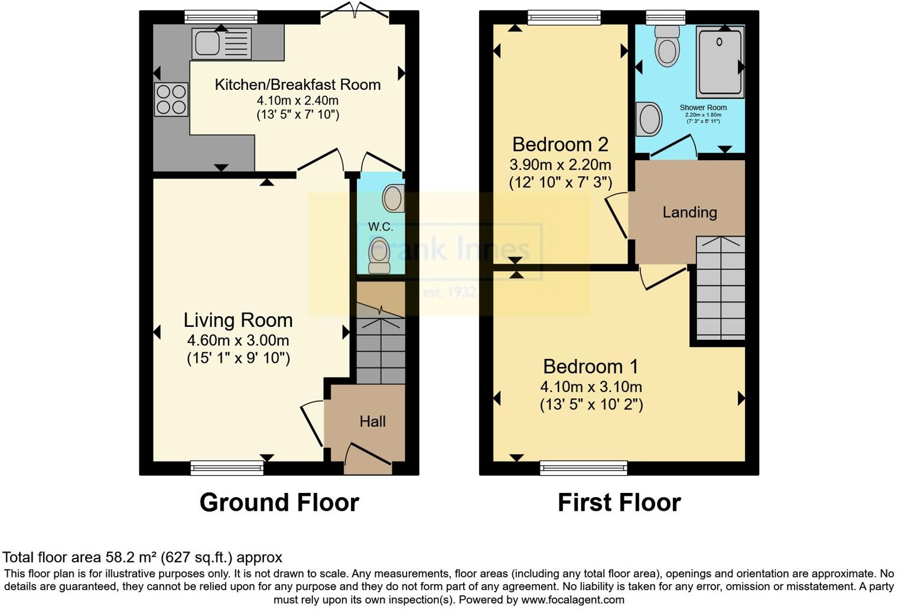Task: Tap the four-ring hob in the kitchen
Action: tap(171, 99)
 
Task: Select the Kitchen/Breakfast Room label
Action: tap(297, 85)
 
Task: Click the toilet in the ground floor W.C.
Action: tap(379, 255)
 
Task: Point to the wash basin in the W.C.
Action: tap(393, 199)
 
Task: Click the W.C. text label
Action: tap(380, 226)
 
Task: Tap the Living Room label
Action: tap(238, 320)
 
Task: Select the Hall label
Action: tap(372, 421)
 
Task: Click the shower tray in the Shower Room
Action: tap(720, 62)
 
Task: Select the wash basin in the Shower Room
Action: tap(649, 118)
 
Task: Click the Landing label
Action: tap(689, 212)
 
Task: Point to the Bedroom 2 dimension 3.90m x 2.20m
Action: tap(560, 165)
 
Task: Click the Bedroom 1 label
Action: tap(591, 366)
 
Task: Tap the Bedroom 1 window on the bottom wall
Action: tap(583, 468)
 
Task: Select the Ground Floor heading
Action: tap(279, 502)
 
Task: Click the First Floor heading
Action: tap(619, 502)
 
